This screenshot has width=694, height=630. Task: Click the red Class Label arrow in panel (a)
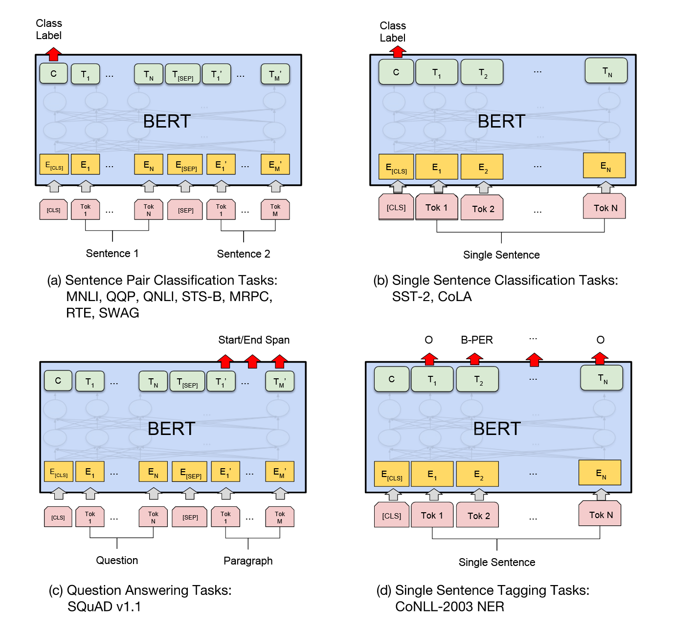tap(53, 53)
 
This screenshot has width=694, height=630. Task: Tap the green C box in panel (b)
tap(396, 72)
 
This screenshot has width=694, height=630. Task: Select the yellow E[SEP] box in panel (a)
tap(185, 165)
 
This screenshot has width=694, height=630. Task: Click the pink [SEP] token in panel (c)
tap(190, 517)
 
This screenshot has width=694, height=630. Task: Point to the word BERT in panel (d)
tap(497, 429)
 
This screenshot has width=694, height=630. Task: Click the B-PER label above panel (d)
tap(477, 340)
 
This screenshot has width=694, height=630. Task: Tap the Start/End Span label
tap(254, 340)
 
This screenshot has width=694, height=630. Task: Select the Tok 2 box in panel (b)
tap(483, 209)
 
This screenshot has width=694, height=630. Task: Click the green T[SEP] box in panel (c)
tap(187, 382)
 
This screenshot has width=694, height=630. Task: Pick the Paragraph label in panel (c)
tap(248, 561)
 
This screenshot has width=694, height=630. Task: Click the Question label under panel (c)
tap(117, 560)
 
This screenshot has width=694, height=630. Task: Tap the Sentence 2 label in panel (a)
tap(244, 254)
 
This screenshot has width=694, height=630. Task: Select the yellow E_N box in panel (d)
tap(600, 473)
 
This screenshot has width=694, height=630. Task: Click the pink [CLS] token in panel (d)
tap(392, 516)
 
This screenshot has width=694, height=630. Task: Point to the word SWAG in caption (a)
tap(119, 313)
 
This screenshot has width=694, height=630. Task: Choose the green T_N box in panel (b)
tap(606, 71)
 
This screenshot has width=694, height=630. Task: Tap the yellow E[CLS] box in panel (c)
tap(59, 472)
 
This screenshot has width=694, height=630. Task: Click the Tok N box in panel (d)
tap(600, 515)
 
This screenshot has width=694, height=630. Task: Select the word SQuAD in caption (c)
tap(90, 607)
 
